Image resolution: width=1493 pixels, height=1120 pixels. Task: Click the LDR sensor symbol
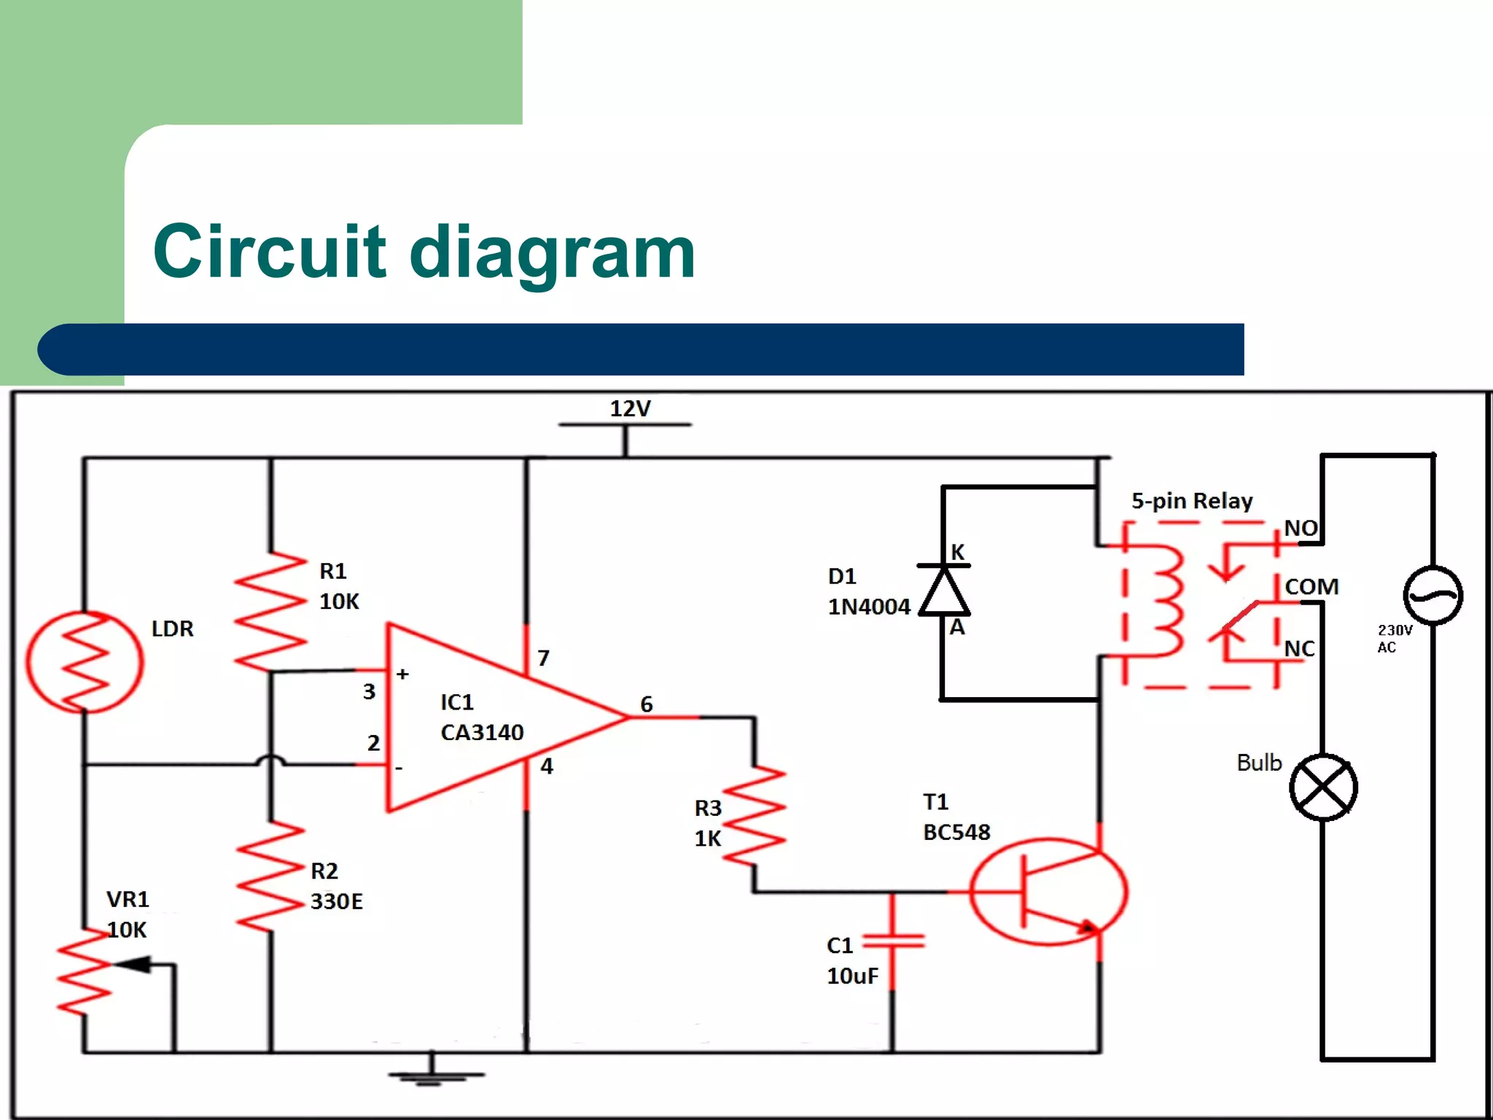pos(85,662)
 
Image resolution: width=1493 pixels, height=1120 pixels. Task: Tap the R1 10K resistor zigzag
pos(270,611)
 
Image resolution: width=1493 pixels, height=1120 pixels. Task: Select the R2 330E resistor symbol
pos(270,877)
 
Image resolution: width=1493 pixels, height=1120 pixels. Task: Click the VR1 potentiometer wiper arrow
pos(135,965)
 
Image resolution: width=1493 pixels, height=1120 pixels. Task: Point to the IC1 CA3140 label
pos(481,717)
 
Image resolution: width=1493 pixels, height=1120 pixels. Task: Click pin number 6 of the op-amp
pos(647,704)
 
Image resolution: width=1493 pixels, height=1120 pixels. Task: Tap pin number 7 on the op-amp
pos(543,658)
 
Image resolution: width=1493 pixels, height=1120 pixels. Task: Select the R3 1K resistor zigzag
pos(755,816)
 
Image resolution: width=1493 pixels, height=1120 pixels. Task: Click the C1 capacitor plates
pos(893,942)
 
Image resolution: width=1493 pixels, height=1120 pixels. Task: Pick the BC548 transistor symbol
pos(1048,891)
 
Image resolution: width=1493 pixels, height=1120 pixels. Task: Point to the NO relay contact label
pos(1301,528)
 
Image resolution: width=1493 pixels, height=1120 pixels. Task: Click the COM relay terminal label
pos(1311,587)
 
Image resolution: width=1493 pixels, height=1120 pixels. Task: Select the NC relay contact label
pos(1299,648)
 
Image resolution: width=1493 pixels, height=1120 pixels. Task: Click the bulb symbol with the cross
pos(1323,787)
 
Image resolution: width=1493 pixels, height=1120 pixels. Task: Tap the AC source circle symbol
pos(1432,596)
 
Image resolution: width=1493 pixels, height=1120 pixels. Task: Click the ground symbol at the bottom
pos(434,1075)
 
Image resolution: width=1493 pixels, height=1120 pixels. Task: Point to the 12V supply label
pos(630,408)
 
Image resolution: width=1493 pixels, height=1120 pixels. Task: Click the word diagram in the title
pos(553,252)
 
